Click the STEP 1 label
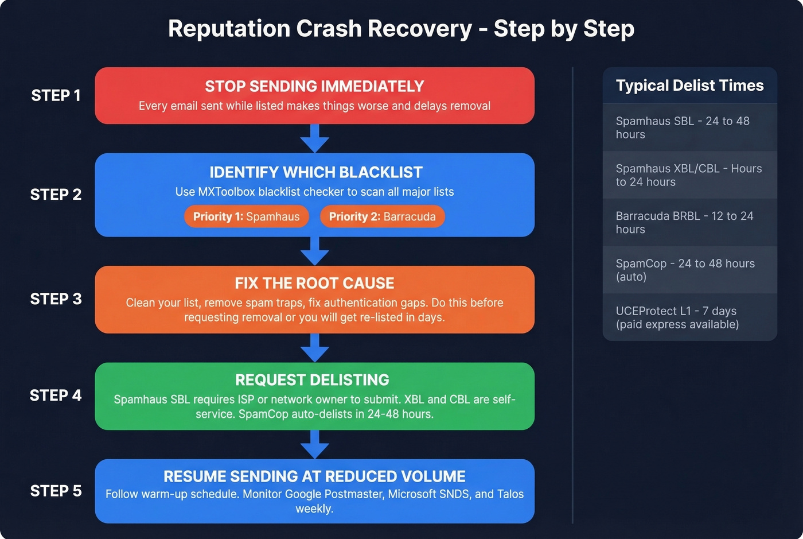click(x=56, y=95)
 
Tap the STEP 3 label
click(x=56, y=299)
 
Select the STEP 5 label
click(x=56, y=491)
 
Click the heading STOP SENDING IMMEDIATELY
click(x=314, y=87)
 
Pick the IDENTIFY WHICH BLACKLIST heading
click(x=315, y=172)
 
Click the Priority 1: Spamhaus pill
click(x=246, y=217)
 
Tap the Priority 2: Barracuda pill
click(x=382, y=217)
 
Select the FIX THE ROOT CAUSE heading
click(x=314, y=284)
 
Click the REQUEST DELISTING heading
click(x=312, y=380)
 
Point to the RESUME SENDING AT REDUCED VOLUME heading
click(x=314, y=476)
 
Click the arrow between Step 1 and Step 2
click(x=315, y=138)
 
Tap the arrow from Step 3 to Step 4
click(x=315, y=348)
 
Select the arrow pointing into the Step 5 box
click(x=315, y=444)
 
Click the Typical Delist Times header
click(x=689, y=86)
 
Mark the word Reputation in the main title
click(x=229, y=29)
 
